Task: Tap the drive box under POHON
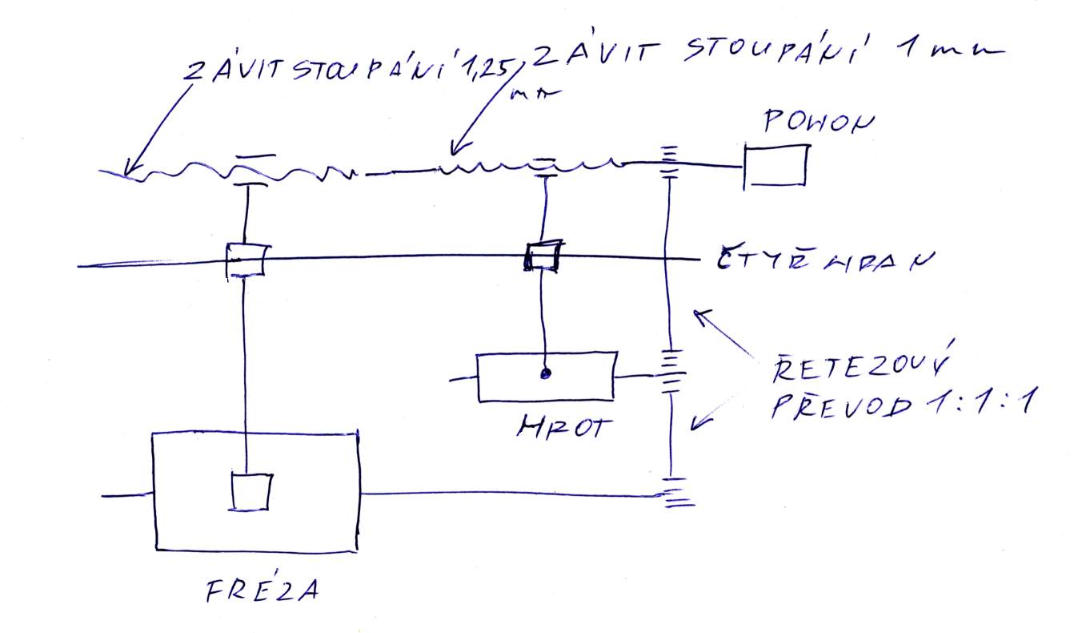pos(775,166)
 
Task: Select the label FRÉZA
pos(263,591)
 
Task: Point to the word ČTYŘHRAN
pos(814,260)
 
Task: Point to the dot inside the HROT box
pos(546,373)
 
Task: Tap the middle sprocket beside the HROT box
pos(670,370)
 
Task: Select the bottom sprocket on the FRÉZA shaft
pos(675,493)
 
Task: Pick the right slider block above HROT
pos(543,256)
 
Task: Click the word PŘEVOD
pos(840,407)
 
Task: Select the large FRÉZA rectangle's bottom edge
pos(256,550)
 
